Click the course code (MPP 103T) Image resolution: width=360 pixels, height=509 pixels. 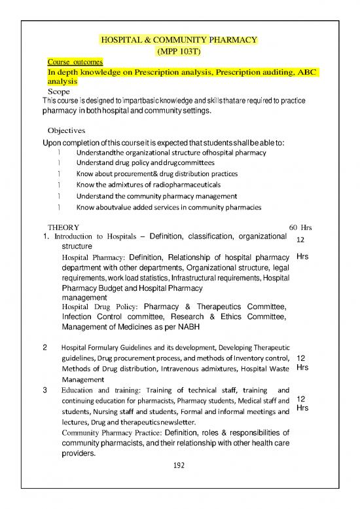point(179,50)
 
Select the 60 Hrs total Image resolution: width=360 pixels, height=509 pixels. point(300,228)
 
